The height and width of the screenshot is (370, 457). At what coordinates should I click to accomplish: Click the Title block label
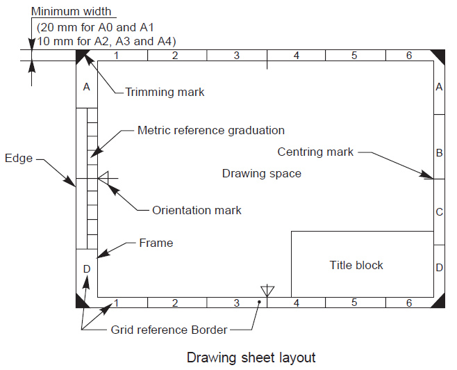356,265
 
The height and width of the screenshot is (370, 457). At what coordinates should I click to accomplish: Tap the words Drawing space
261,173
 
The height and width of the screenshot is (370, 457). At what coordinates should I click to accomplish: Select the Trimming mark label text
165,92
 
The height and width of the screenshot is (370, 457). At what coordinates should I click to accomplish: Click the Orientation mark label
197,209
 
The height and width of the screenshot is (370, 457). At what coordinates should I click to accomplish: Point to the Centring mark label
315,152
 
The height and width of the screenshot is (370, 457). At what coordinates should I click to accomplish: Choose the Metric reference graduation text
210,130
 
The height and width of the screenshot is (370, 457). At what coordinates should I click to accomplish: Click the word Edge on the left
18,158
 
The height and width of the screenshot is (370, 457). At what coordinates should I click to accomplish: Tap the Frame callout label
156,243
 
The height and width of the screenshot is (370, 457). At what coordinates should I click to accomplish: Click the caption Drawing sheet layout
251,357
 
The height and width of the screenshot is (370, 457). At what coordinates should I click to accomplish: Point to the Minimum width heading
72,12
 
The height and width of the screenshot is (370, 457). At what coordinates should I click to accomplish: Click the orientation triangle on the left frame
102,179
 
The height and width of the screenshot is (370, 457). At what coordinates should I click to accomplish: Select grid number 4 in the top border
297,56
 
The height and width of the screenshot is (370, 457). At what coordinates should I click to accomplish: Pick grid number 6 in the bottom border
409,303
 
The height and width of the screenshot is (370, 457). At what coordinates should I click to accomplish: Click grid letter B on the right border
439,152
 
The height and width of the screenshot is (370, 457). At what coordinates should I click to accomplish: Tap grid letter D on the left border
86,268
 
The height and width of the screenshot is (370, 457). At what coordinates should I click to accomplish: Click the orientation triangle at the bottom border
267,290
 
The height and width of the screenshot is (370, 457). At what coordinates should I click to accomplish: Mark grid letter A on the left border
86,87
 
